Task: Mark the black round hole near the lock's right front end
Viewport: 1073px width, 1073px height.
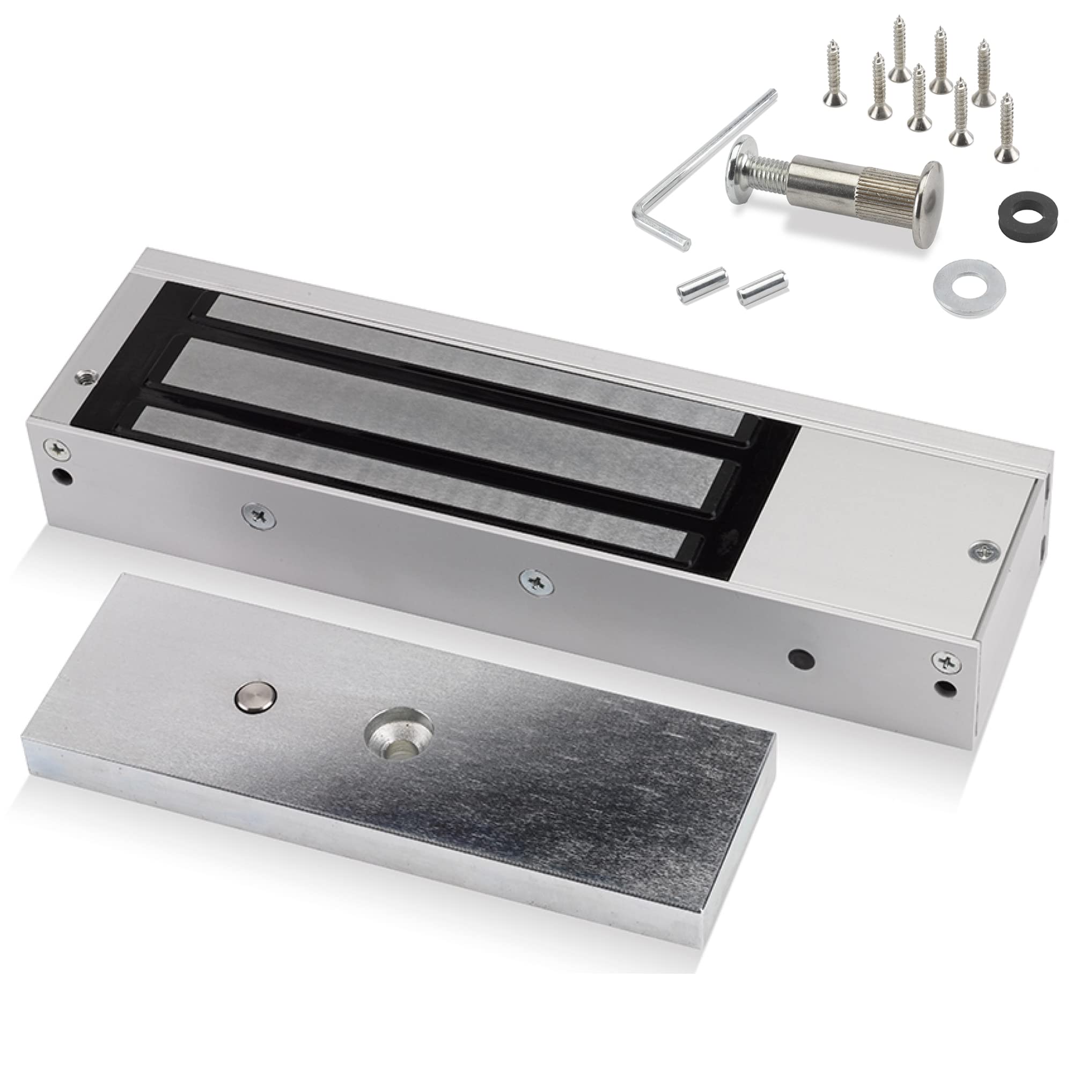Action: [802, 657]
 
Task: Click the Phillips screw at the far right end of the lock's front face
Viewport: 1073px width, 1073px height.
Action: [944, 661]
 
